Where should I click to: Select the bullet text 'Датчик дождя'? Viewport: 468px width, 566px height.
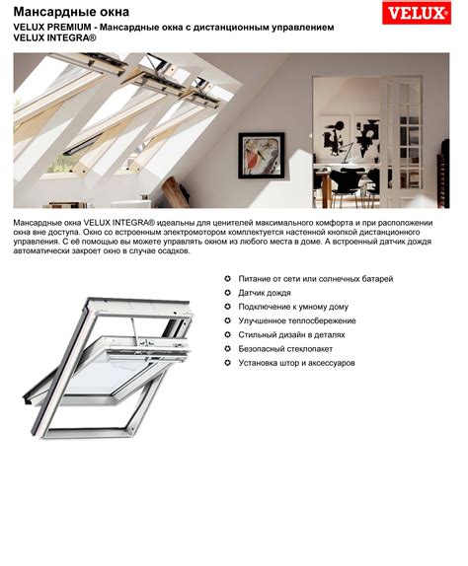coord(265,293)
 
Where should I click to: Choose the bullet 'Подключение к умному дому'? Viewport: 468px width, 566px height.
coord(293,307)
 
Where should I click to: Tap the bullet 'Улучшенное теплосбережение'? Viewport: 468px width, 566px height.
coord(297,320)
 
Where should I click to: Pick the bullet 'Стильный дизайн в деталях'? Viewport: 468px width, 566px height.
coord(291,334)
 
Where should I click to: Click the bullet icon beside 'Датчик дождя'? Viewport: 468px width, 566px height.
coord(228,293)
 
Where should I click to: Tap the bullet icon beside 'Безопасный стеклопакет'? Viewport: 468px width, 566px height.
coord(228,349)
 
